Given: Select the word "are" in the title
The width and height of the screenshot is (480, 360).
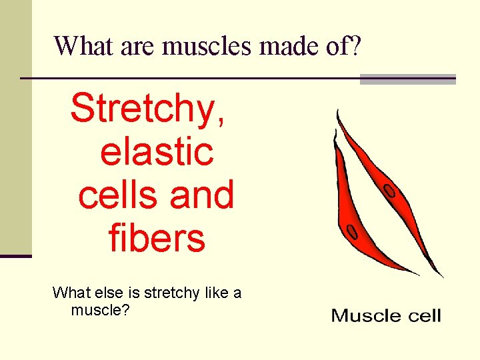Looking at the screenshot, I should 139,45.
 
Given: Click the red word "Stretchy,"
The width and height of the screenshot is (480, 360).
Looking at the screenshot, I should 148,109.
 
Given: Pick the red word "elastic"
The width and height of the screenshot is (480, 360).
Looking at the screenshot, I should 157,151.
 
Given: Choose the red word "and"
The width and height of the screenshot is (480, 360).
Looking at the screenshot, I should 201,195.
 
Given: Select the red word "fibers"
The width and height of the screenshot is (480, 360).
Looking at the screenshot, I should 157,238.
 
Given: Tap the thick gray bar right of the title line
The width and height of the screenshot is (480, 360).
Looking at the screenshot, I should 407,79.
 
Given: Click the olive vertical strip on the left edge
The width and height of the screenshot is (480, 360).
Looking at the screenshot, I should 15,127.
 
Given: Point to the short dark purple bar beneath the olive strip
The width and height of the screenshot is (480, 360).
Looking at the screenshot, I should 15,255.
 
